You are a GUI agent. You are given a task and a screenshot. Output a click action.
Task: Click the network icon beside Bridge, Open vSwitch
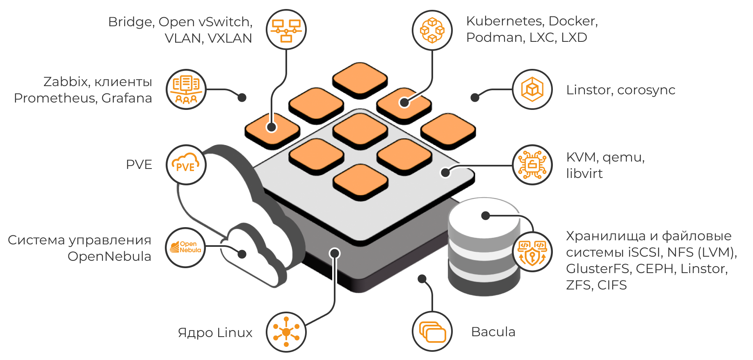pyautogui.click(x=286, y=30)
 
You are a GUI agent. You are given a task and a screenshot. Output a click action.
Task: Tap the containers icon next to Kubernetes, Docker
pyautogui.click(x=432, y=30)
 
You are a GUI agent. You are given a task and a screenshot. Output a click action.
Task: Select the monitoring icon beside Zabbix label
pyautogui.click(x=186, y=89)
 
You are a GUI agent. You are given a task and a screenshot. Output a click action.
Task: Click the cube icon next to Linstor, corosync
pyautogui.click(x=532, y=89)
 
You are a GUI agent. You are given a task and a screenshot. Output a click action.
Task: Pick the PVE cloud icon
pyautogui.click(x=186, y=165)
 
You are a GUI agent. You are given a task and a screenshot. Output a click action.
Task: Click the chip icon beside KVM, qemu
pyautogui.click(x=532, y=165)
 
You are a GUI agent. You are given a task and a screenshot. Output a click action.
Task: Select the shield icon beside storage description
pyautogui.click(x=532, y=252)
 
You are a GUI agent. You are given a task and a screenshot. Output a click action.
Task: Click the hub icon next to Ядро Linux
pyautogui.click(x=286, y=332)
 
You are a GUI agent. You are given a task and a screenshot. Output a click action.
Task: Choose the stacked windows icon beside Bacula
pyautogui.click(x=432, y=331)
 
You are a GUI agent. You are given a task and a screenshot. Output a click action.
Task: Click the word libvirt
pyautogui.click(x=584, y=174)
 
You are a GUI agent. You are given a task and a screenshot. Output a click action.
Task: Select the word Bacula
pyautogui.click(x=493, y=332)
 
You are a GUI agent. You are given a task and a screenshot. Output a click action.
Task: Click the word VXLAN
pyautogui.click(x=230, y=38)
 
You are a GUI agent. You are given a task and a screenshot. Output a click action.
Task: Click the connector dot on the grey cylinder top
pyautogui.click(x=486, y=216)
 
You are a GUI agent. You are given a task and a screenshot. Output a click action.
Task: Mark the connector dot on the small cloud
pyautogui.click(x=242, y=254)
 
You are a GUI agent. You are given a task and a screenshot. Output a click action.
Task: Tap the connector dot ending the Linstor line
pyautogui.click(x=475, y=98)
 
